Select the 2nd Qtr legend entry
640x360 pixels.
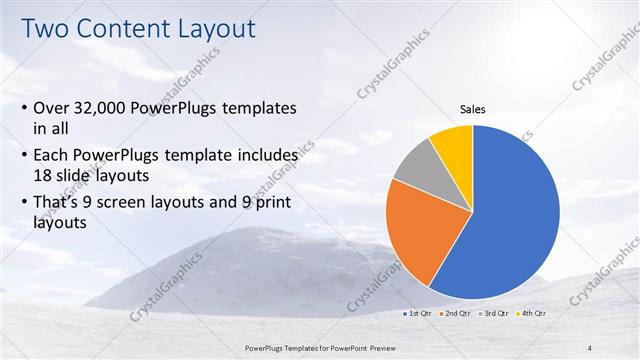pos(457,314)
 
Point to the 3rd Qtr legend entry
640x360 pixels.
pos(495,314)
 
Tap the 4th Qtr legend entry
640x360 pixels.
pos(533,314)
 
